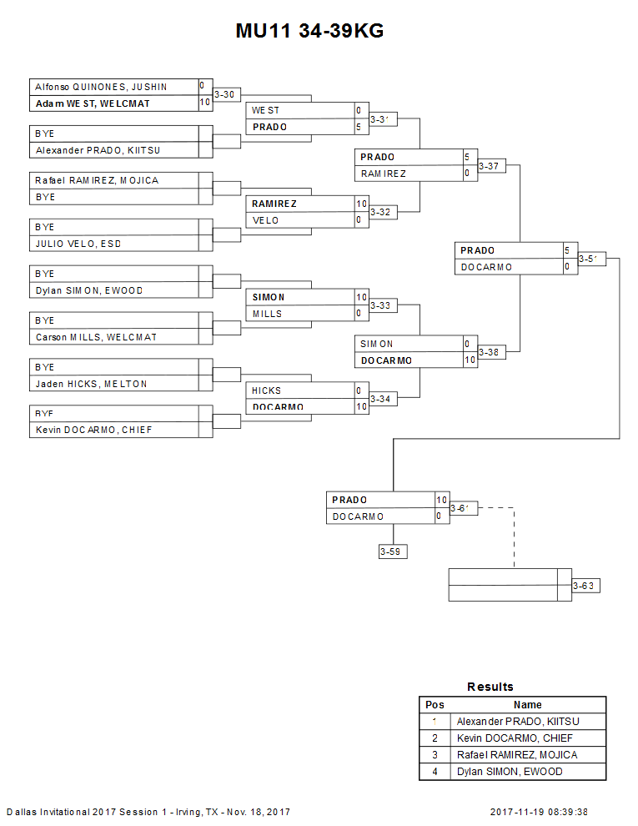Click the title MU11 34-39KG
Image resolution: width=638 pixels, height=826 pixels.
(x=309, y=32)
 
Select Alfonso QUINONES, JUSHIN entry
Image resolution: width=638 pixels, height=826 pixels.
(x=101, y=87)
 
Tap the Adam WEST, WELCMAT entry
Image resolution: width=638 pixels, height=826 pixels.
(x=93, y=103)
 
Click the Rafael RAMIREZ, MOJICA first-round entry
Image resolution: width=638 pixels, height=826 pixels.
(x=97, y=180)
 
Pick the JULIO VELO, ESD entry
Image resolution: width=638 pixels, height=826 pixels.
(x=78, y=244)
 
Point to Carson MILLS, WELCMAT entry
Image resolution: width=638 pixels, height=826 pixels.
(x=96, y=337)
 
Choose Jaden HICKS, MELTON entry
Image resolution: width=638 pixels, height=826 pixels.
(x=91, y=384)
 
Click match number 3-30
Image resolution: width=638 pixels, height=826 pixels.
(x=224, y=95)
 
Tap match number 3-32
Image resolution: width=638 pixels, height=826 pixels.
(x=380, y=212)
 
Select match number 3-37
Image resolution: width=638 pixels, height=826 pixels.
(x=489, y=166)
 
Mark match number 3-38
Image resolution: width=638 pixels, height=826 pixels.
(x=489, y=353)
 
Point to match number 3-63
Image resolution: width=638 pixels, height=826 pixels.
(x=584, y=586)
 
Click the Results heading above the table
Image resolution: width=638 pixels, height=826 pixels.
(x=490, y=687)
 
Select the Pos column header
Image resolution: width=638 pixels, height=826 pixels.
(x=435, y=705)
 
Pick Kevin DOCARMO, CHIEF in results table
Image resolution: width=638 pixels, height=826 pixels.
(x=515, y=738)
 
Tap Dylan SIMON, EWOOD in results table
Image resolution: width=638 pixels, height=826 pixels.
(x=510, y=772)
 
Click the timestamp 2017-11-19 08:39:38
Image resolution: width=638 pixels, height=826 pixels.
(x=539, y=812)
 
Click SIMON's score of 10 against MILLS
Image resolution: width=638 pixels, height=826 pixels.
(x=361, y=297)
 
